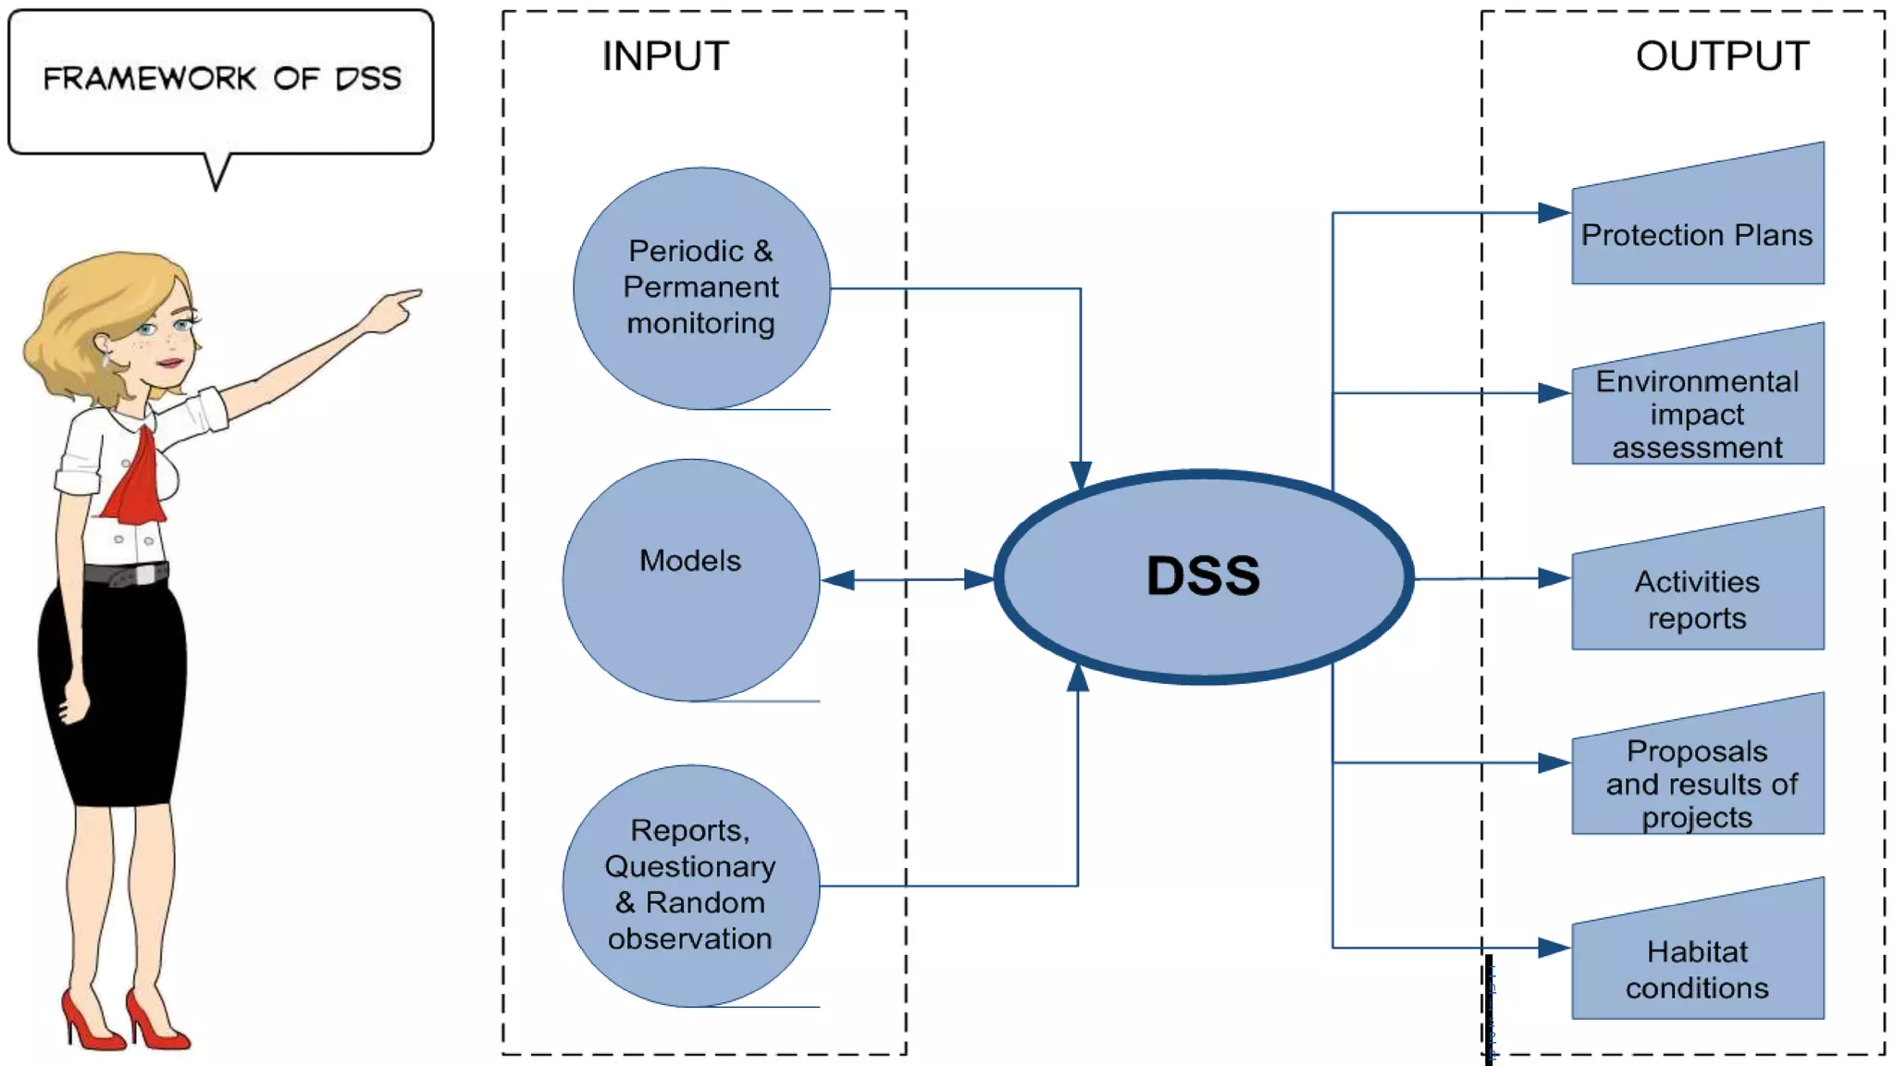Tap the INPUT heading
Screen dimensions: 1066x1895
click(665, 56)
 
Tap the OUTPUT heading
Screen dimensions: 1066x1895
click(1722, 56)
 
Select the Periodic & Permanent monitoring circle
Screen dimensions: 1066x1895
click(700, 288)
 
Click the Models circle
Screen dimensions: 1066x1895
click(690, 580)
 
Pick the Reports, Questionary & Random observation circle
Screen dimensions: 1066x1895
click(690, 885)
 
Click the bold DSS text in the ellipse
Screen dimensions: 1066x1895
click(1203, 576)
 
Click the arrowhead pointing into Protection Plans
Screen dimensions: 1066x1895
click(1554, 213)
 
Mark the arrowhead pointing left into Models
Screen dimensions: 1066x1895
click(837, 580)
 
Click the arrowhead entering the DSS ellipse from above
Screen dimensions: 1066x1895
click(1081, 475)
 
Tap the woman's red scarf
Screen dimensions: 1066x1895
click(137, 481)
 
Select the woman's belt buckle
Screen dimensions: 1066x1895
click(144, 575)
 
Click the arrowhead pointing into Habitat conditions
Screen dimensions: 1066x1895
click(1554, 948)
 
